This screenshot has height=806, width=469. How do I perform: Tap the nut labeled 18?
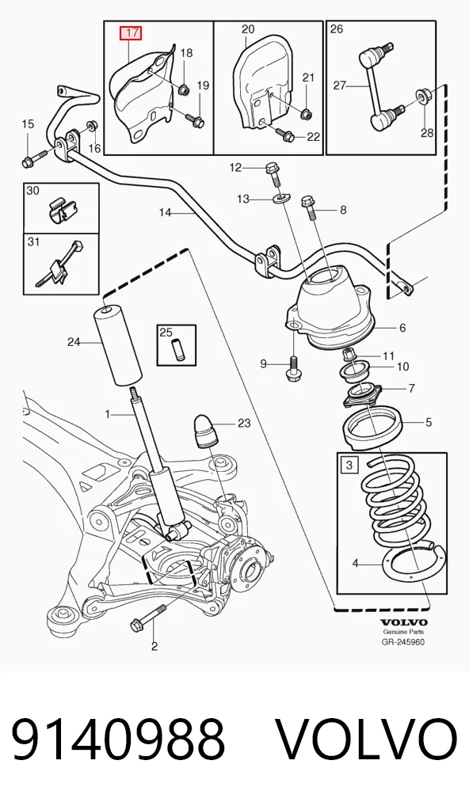click(183, 90)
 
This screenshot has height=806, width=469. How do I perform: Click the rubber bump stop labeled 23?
click(205, 432)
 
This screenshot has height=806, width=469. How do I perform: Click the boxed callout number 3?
click(349, 466)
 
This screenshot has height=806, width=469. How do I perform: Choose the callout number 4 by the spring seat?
click(356, 564)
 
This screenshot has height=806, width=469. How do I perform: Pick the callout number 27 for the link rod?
click(339, 84)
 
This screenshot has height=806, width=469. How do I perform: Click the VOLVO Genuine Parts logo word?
click(404, 622)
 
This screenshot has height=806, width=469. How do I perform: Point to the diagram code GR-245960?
click(404, 642)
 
